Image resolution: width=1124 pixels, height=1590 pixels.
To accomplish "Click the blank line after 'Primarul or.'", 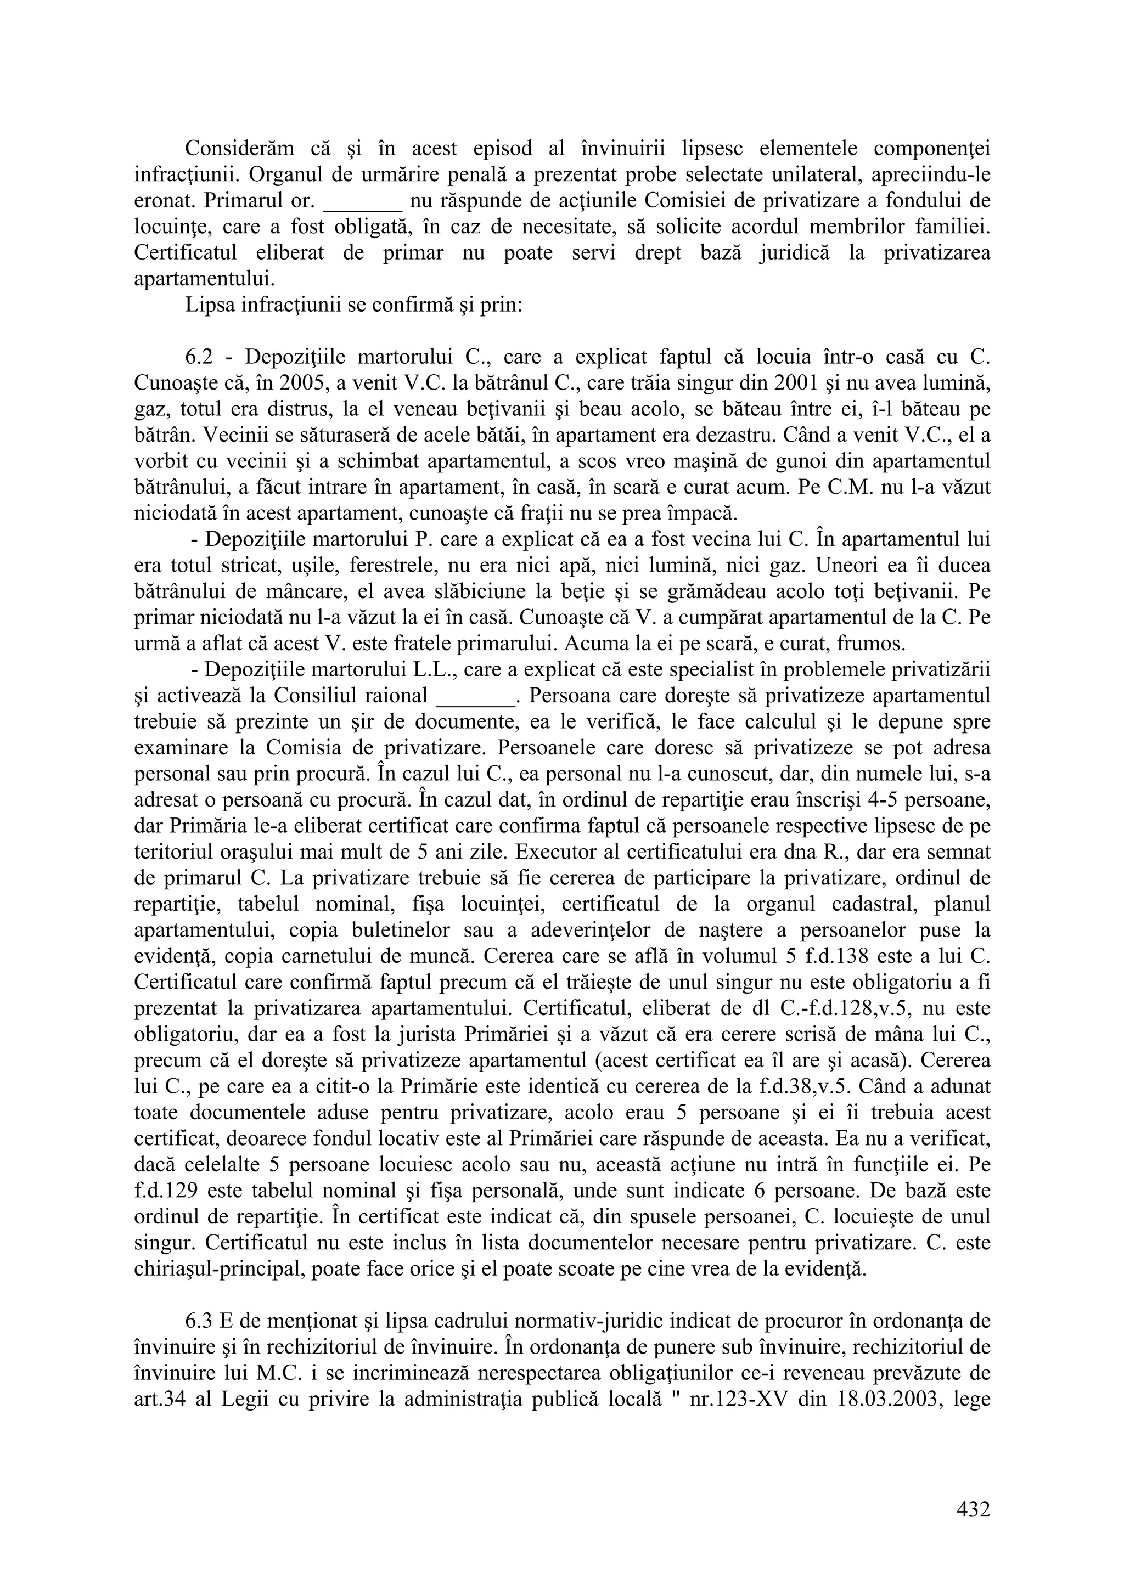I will [x=363, y=201].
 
